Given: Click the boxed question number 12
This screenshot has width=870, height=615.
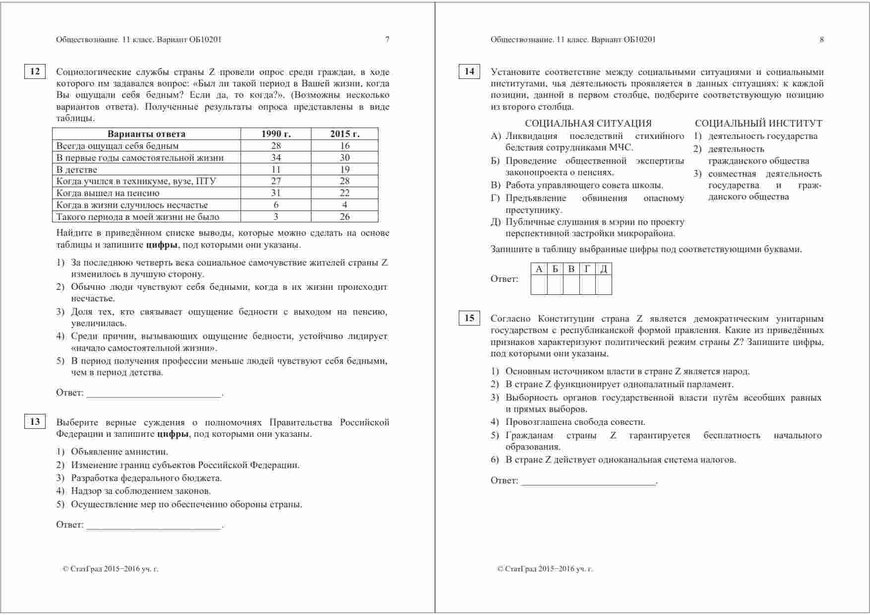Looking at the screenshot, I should pos(35,71).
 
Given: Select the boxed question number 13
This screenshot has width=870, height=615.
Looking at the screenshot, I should pos(35,421).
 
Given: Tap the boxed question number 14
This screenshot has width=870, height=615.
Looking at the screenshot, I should pos(469,71).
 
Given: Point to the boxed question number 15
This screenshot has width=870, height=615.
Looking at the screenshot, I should pos(469,318).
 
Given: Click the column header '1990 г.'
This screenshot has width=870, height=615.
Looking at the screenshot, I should pos(276,134).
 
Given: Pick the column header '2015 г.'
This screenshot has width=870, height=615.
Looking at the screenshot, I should pos(345,134).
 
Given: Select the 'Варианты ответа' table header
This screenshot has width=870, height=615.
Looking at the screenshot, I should pos(146,134).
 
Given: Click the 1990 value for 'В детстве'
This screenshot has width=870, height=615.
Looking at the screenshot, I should pos(276,170).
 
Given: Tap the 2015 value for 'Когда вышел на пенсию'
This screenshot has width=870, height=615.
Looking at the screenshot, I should pos(345,193).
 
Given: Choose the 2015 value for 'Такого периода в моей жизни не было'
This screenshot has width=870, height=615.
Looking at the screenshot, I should pos(345,217).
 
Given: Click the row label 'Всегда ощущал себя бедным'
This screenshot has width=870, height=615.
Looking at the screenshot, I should pos(118,146).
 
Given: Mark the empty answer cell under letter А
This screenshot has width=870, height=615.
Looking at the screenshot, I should pos(539,285).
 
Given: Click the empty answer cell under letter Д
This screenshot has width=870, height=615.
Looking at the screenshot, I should pos(604,285).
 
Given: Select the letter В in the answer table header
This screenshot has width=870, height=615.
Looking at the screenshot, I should pos(571,269).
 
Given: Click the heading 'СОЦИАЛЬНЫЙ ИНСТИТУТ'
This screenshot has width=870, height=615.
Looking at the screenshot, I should pos(758,124).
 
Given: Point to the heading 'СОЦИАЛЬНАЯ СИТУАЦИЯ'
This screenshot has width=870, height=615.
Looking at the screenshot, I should pos(588,124).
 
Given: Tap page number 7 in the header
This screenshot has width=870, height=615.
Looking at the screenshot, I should pos(387,40).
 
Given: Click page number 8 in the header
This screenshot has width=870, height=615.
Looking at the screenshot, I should pos(821,40).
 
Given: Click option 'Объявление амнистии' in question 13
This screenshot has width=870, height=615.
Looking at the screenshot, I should pos(120,452).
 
